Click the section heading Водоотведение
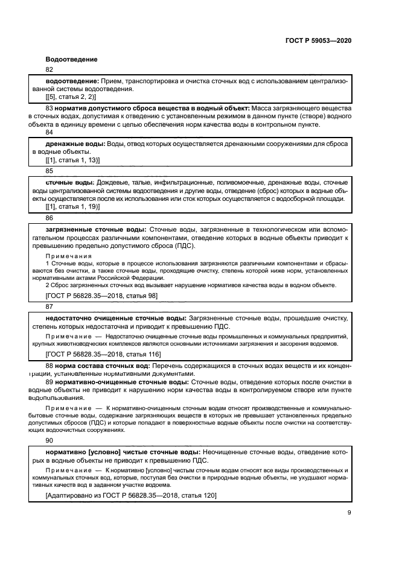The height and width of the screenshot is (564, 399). (x=71, y=59)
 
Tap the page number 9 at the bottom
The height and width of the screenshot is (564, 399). (x=349, y=513)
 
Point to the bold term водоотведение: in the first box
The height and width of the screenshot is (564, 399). (x=72, y=81)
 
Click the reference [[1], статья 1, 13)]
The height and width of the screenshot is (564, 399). (x=72, y=160)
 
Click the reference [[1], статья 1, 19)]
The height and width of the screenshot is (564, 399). (x=72, y=206)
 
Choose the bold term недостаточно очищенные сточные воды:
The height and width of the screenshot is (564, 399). (x=116, y=318)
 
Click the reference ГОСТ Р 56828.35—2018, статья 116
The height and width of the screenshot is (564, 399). (x=103, y=354)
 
